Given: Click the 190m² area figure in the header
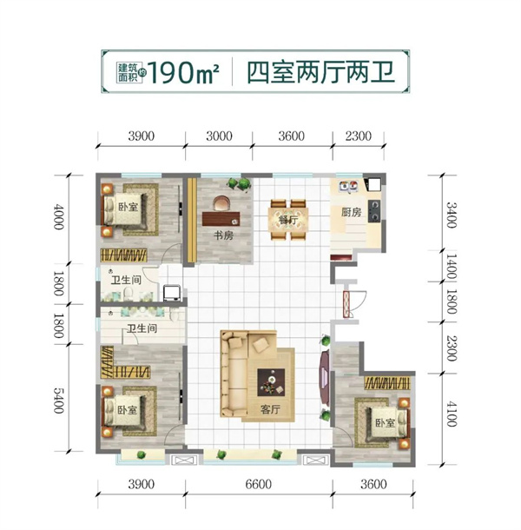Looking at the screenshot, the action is [183, 72].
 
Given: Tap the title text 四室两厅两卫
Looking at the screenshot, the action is [320, 72].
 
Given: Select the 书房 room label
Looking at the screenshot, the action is [223, 235].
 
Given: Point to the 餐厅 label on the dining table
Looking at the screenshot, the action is [288, 221].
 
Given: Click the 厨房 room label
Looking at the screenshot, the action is [351, 212].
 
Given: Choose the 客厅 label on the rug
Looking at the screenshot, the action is [270, 409].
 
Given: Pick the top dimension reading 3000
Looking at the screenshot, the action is [219, 136].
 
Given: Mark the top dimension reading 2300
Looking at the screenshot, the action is [358, 136].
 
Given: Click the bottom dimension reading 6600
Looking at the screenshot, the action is [259, 484].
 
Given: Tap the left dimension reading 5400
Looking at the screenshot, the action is [59, 401].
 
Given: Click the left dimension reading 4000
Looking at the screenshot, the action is [59, 216].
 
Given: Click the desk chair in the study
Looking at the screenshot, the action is [221, 203].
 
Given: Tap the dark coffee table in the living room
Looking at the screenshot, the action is [271, 382].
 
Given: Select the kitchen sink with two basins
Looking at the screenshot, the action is [348, 186].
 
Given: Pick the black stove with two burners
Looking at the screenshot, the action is [373, 211].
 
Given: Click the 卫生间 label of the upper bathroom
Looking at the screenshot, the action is [127, 280].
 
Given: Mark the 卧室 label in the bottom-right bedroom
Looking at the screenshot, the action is [386, 422].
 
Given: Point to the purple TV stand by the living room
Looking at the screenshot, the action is [324, 378].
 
